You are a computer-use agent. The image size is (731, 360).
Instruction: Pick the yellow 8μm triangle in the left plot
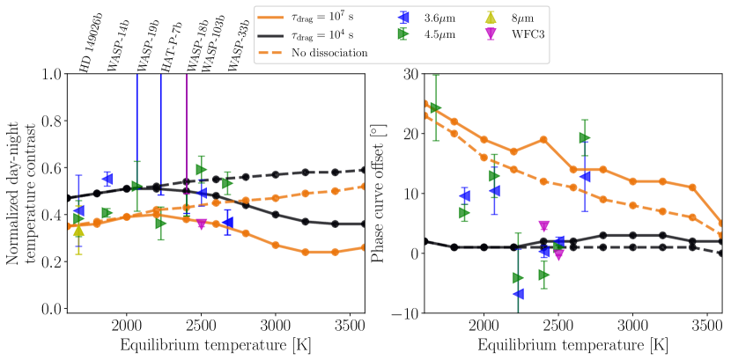point(78,231)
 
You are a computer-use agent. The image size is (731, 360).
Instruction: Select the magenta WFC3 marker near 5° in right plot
point(544,226)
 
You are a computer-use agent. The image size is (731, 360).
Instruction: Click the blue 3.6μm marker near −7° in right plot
point(519,293)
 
